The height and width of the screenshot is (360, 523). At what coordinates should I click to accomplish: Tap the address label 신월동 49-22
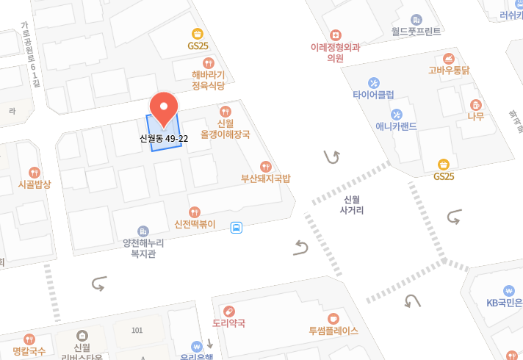164,138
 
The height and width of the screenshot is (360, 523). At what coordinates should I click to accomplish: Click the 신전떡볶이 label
195,224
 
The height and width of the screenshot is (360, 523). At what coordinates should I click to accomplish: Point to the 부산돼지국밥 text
266,179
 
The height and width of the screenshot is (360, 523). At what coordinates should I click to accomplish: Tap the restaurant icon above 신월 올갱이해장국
225,110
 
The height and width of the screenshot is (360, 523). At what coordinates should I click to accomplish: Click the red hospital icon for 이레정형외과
336,35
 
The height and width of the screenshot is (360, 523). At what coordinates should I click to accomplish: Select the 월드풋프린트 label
416,32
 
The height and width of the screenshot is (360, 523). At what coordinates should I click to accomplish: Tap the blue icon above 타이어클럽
373,82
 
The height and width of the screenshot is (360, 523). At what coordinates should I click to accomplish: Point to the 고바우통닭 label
449,71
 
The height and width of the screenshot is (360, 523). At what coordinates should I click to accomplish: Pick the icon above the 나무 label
475,104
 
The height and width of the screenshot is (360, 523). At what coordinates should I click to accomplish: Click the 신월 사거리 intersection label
353,205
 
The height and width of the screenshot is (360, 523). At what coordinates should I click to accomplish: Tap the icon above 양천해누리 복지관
143,231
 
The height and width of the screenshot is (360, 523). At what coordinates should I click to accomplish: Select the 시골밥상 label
35,184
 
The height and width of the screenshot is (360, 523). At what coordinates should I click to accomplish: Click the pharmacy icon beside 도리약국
228,311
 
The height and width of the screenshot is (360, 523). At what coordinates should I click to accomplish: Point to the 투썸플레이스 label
333,331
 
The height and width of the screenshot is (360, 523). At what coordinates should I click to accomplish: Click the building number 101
137,331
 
